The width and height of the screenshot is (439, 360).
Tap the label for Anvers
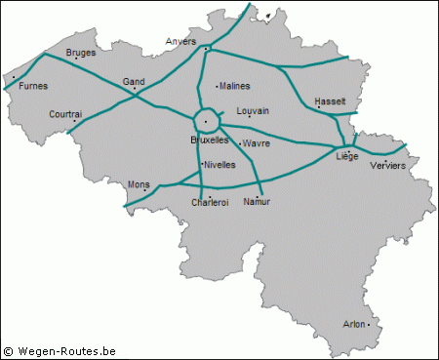(x=180, y=42)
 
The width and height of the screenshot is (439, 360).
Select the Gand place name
(x=133, y=82)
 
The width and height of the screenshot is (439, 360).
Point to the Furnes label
(x=33, y=86)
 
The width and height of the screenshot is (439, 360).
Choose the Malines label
(x=235, y=86)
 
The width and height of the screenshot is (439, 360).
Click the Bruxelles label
(x=209, y=140)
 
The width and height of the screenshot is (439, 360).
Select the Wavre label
(x=258, y=142)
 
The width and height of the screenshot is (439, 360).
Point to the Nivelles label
(x=220, y=164)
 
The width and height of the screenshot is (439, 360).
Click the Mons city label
(x=140, y=183)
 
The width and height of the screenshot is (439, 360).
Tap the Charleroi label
(x=210, y=202)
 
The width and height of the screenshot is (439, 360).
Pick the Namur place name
(x=257, y=201)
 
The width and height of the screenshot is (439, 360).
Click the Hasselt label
(x=331, y=101)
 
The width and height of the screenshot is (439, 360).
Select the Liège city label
(x=346, y=156)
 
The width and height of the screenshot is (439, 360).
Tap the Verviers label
(x=388, y=166)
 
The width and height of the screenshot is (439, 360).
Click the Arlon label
(x=356, y=323)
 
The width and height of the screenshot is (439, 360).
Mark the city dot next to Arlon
(x=369, y=324)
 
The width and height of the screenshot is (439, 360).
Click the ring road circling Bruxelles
(x=194, y=122)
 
